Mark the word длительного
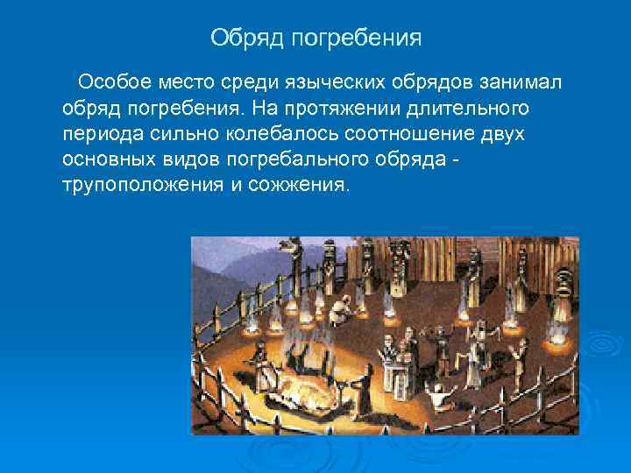click(x=473, y=109)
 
